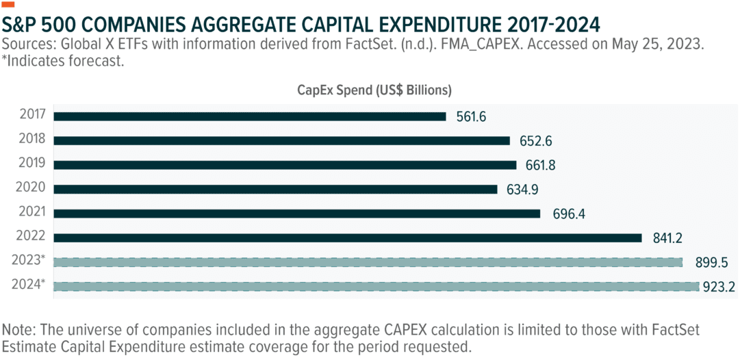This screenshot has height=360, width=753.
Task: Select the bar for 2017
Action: pyautogui.click(x=250, y=116)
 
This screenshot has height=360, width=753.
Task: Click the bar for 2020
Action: pyautogui.click(x=275, y=189)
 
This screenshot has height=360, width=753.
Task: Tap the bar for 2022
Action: pyautogui.click(x=347, y=237)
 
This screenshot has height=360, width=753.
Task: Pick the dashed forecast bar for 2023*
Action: pyautogui.click(x=368, y=262)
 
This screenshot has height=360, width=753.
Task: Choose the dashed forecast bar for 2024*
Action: pyautogui.click(x=376, y=286)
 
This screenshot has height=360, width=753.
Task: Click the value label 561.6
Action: pyautogui.click(x=471, y=117)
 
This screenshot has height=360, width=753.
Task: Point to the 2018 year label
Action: pyautogui.click(x=33, y=139)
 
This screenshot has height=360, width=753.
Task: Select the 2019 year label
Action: pyautogui.click(x=33, y=163)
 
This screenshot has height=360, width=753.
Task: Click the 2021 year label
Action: pyautogui.click(x=33, y=211)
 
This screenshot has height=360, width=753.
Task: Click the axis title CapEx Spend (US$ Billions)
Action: pyautogui.click(x=374, y=90)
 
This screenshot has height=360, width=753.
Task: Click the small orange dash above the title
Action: pyautogui.click(x=9, y=5)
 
